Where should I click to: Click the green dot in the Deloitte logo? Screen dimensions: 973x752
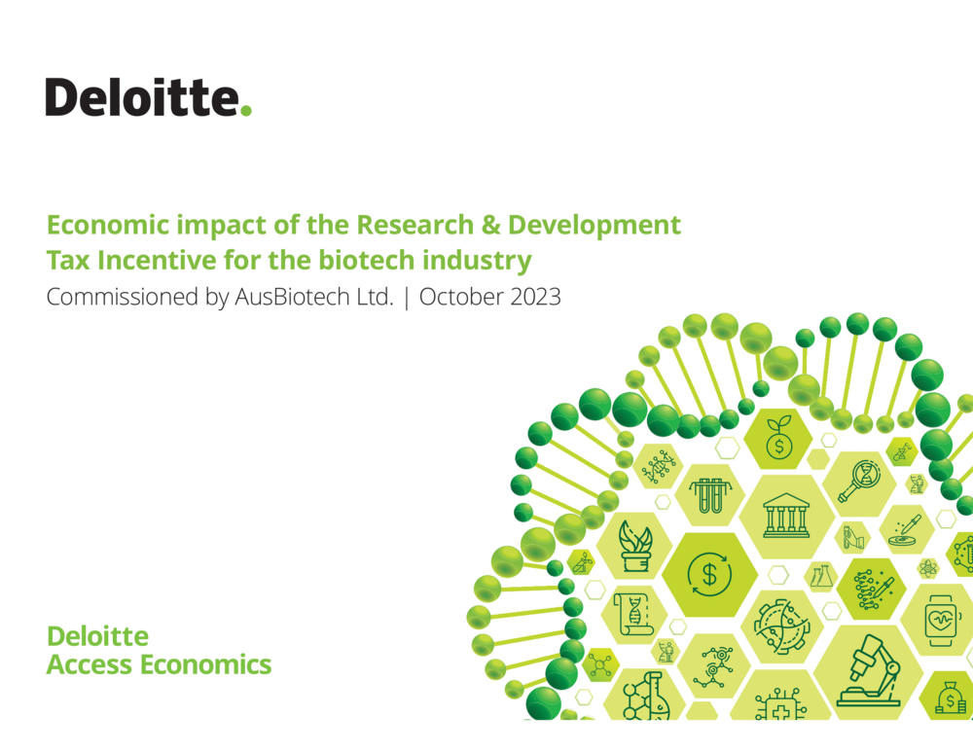click(246, 111)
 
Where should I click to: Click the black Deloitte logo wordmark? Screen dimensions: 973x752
click(142, 96)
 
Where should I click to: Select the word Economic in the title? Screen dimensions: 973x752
click(108, 225)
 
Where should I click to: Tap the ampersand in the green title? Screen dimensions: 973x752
click(490, 225)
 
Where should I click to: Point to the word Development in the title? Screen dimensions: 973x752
click(595, 226)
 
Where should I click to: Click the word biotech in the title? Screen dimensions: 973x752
click(366, 260)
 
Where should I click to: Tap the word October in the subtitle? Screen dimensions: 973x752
click(461, 297)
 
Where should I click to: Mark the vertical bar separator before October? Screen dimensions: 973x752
click(407, 298)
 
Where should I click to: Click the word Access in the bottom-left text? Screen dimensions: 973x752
click(90, 664)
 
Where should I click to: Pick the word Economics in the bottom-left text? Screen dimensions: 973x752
click(205, 664)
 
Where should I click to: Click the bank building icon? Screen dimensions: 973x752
click(786, 515)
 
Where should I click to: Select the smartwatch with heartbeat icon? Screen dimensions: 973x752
click(941, 620)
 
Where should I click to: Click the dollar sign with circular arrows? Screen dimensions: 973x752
click(709, 574)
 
